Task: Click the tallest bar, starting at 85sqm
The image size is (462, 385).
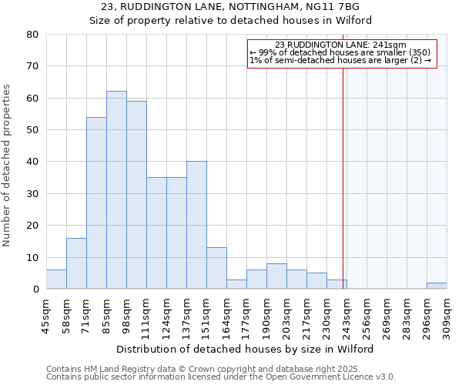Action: [116, 190]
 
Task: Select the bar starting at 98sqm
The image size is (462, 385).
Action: [136, 195]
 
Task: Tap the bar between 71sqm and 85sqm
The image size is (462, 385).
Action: [96, 203]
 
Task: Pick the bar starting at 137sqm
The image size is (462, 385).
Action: [196, 226]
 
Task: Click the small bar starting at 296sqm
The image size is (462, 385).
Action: [437, 286]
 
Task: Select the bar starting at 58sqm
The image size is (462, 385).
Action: [76, 264]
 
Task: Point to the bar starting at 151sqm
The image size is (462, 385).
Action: [216, 269]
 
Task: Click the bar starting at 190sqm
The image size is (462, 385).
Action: [276, 276]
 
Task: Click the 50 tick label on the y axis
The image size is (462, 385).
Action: [32, 130]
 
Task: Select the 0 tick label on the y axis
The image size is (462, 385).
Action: [35, 290]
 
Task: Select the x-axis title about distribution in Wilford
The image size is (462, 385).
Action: [246, 349]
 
